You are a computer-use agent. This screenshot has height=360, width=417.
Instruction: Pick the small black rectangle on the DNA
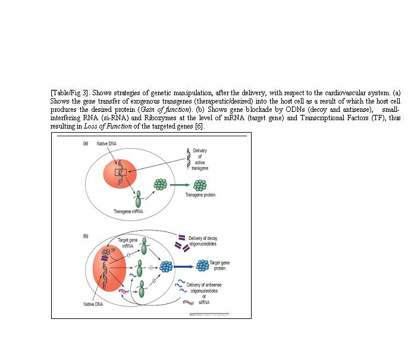coord(122,173)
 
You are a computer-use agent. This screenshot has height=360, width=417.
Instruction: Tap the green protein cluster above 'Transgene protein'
coord(159,184)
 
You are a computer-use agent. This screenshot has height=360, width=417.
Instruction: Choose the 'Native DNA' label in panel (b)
coord(94,305)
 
